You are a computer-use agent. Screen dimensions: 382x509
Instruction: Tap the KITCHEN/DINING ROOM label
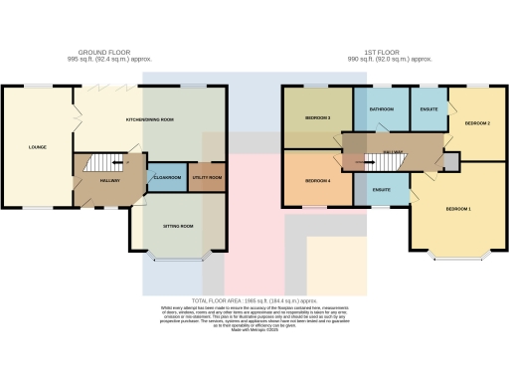click(150, 119)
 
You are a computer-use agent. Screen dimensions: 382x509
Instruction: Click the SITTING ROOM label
click(178, 227)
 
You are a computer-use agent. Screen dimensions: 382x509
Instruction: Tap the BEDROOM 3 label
click(317, 118)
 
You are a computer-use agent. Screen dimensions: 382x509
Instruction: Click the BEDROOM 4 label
click(317, 181)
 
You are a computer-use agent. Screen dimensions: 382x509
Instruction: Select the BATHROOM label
click(382, 107)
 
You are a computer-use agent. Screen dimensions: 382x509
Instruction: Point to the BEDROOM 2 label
click(477, 123)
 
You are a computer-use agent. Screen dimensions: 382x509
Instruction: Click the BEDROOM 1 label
click(458, 210)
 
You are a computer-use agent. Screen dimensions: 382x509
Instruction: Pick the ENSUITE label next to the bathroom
click(428, 107)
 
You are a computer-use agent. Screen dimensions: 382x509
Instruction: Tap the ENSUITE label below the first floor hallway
click(382, 188)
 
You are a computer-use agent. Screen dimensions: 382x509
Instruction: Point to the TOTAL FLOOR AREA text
click(254, 299)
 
